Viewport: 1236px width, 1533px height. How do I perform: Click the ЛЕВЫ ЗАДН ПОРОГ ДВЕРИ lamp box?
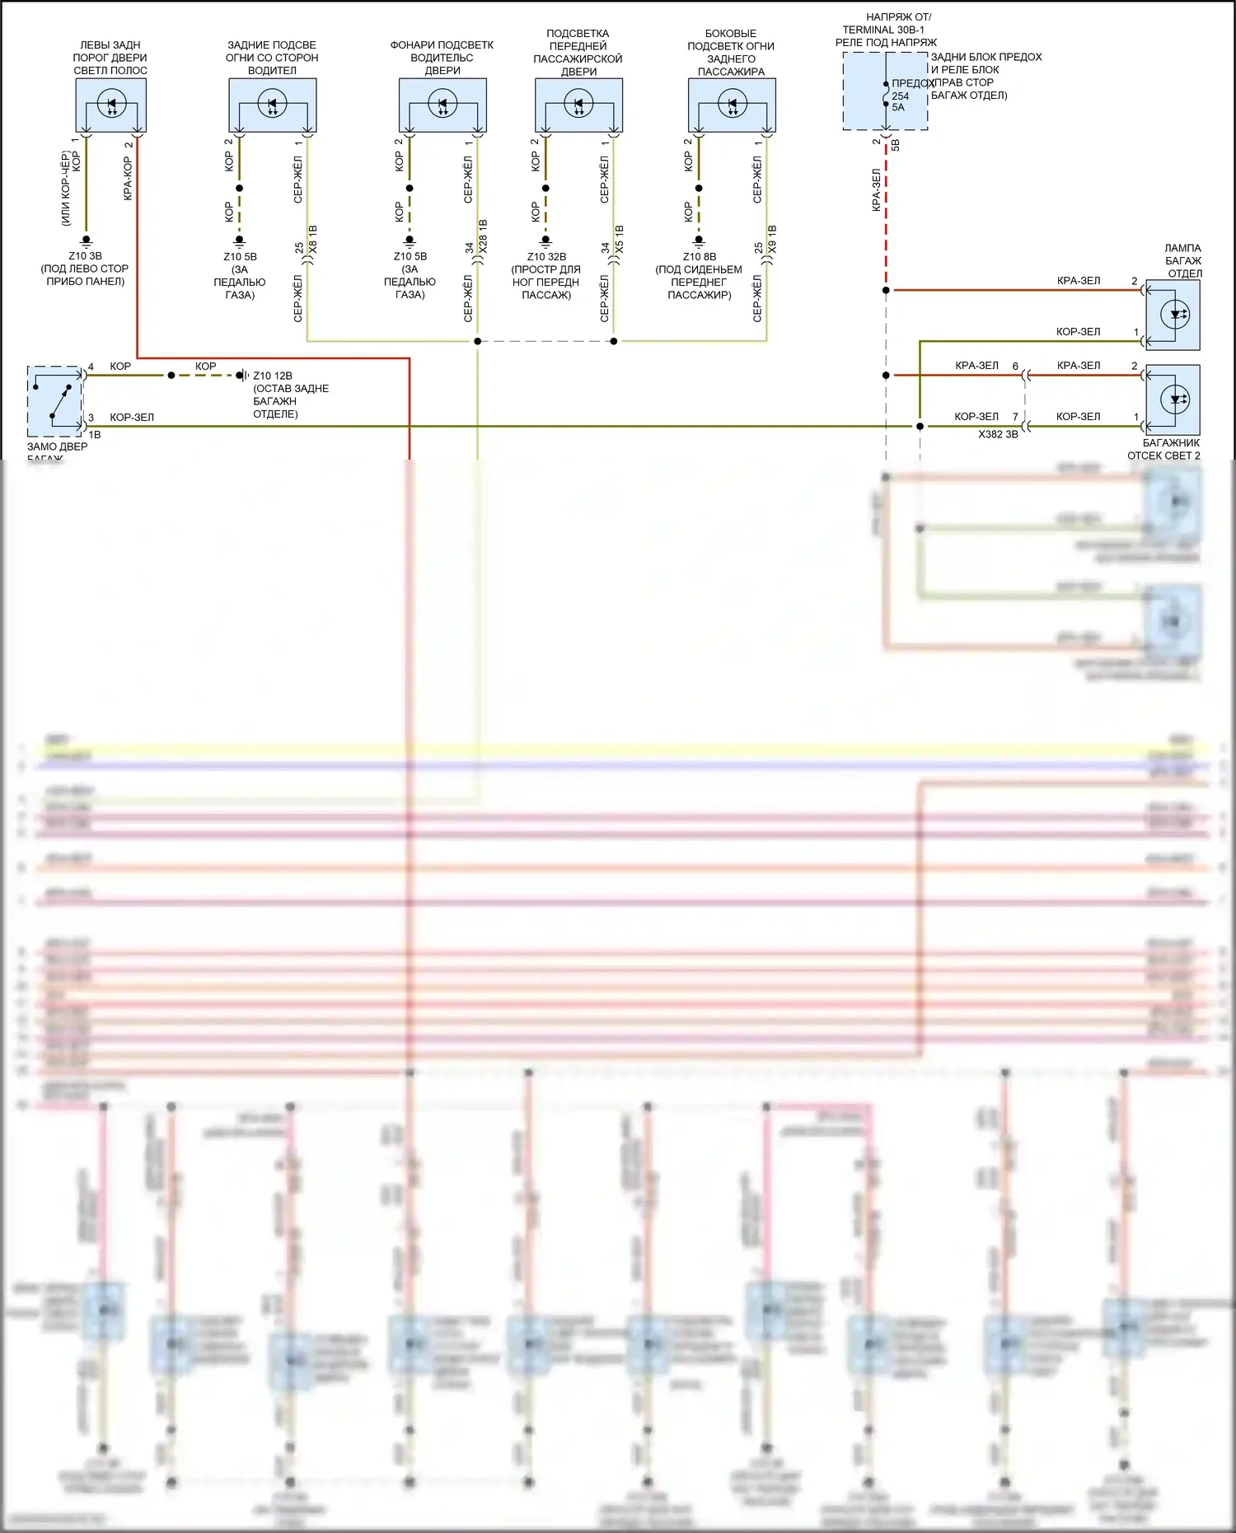click(x=110, y=105)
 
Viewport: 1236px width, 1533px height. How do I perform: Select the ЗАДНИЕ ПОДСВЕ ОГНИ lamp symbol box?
click(x=272, y=105)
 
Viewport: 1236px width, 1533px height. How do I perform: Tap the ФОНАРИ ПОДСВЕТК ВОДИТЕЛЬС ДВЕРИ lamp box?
click(x=442, y=105)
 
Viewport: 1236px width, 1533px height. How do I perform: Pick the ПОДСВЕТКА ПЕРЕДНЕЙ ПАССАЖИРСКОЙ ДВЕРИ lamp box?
click(x=578, y=105)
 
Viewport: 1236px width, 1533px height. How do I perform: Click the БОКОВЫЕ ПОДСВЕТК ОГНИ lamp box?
click(x=732, y=105)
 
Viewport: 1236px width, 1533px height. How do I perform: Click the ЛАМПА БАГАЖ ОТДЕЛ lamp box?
click(x=1173, y=315)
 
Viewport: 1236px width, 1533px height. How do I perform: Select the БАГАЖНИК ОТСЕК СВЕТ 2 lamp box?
click(x=1173, y=400)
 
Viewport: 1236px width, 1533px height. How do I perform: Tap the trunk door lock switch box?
click(x=54, y=401)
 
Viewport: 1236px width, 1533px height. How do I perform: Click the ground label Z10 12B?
click(x=273, y=376)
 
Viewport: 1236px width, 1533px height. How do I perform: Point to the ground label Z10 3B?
click(x=85, y=256)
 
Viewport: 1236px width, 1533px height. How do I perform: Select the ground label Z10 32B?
click(x=546, y=257)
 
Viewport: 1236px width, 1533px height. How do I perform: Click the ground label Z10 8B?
click(x=700, y=257)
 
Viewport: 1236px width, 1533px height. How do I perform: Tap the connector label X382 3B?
click(x=998, y=434)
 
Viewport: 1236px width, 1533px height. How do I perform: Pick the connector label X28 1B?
click(x=483, y=236)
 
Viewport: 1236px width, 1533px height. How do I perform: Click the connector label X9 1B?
click(x=772, y=239)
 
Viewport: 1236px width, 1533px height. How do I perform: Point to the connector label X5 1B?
click(x=620, y=239)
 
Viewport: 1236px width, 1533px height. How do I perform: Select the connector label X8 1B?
click(x=313, y=239)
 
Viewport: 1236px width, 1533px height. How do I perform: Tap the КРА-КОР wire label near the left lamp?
click(x=128, y=178)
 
